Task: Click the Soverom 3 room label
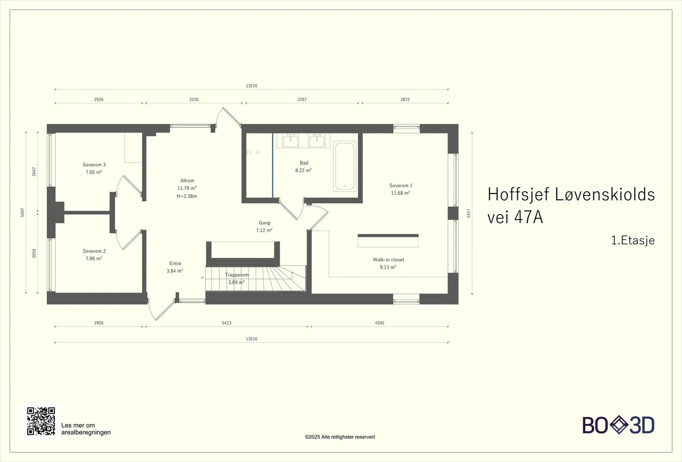click(94, 165)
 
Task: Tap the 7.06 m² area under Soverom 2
click(94, 258)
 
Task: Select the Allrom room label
click(187, 181)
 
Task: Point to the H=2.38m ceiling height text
click(187, 196)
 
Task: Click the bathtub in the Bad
click(345, 166)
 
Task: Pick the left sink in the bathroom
click(290, 141)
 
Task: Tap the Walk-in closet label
click(388, 260)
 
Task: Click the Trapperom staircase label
click(237, 275)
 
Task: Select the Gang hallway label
click(265, 223)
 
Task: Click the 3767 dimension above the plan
click(302, 100)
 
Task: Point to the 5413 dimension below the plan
click(226, 323)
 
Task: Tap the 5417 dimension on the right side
click(468, 213)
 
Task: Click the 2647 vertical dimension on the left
click(34, 172)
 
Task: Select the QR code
click(41, 421)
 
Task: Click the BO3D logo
click(618, 425)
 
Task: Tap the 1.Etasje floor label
click(633, 240)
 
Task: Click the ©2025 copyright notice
click(340, 437)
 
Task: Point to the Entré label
click(175, 264)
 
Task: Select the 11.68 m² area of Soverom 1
click(401, 193)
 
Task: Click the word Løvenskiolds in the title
click(605, 194)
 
